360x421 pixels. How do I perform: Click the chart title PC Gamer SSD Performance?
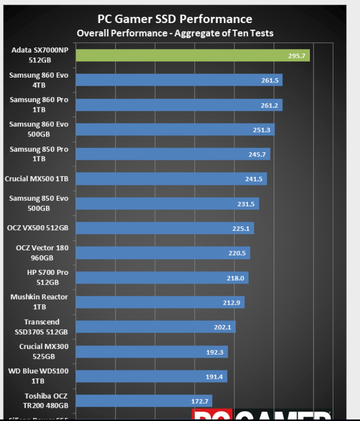coord(174,19)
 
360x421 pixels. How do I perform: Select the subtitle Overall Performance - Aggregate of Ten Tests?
coord(174,33)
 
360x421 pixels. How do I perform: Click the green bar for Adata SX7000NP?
coord(192,56)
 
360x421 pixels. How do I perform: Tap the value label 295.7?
coord(297,56)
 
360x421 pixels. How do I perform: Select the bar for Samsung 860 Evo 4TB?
coord(179,80)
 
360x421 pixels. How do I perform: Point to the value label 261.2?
coord(269,105)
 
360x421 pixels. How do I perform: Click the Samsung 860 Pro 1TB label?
coord(39,105)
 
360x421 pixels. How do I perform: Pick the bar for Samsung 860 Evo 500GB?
coord(175,130)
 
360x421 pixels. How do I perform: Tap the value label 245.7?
coord(257,154)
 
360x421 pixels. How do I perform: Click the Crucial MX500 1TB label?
coord(37,179)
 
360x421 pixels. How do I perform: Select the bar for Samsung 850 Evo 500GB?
coord(167,204)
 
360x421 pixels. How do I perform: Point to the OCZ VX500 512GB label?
coord(38,228)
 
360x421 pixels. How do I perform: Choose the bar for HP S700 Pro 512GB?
coord(162,278)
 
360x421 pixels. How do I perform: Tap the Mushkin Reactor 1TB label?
coord(39,302)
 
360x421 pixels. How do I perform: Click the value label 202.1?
coord(222,327)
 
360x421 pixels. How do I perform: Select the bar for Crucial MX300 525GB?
coord(152,352)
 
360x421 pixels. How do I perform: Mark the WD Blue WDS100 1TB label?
coord(38,376)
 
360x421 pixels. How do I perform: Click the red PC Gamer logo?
coord(261,415)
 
